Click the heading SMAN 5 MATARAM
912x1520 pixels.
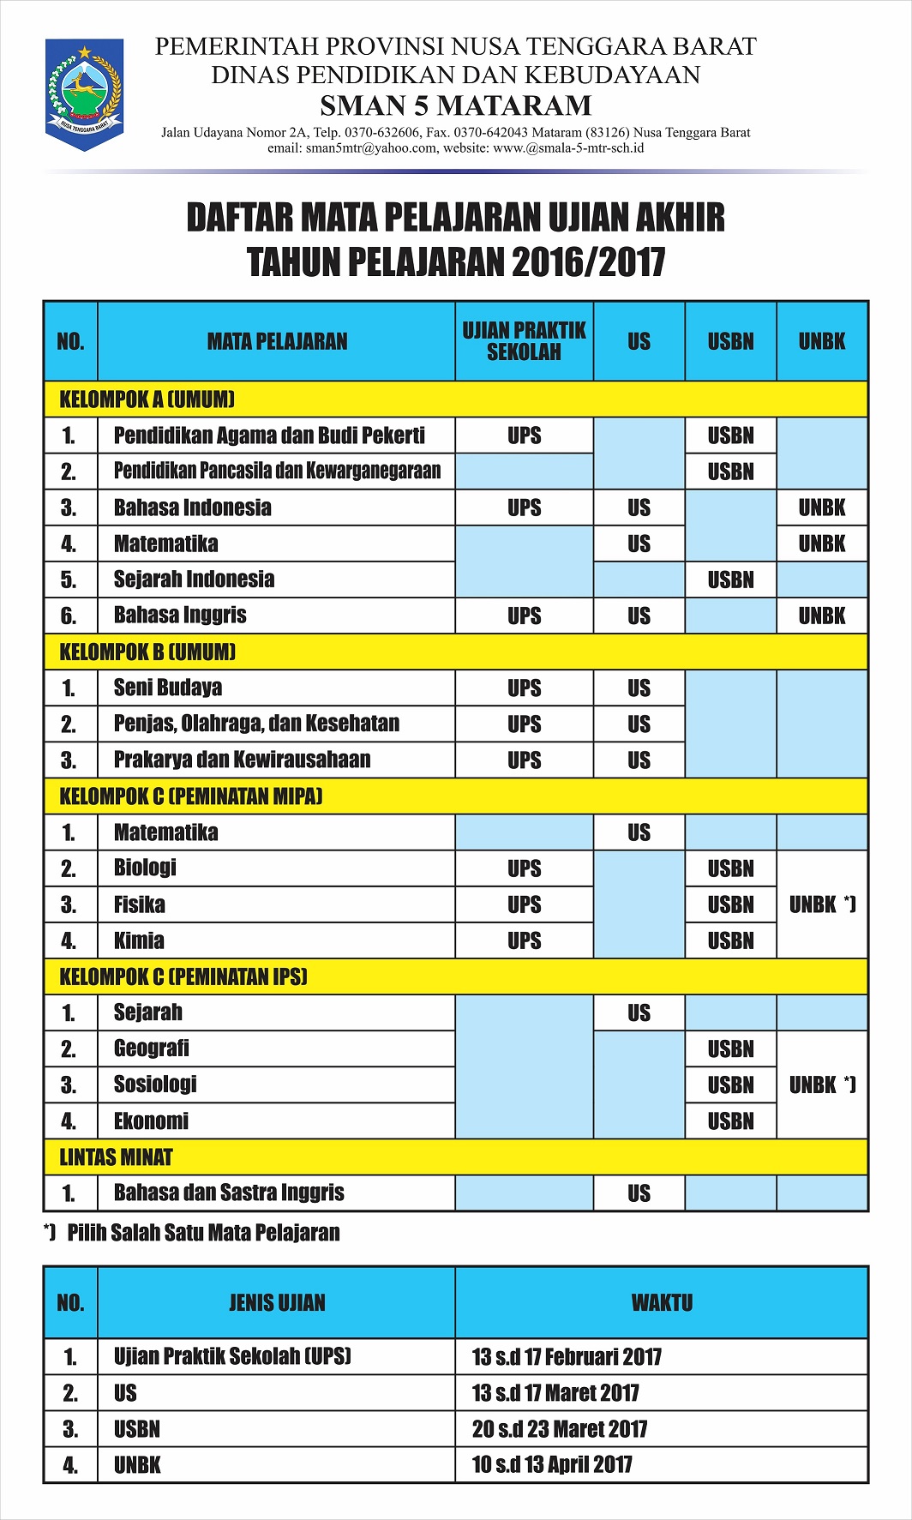[455, 105]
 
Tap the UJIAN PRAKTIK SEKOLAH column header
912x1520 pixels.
[524, 341]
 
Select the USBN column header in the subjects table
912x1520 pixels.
[730, 341]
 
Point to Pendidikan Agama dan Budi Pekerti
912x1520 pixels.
[269, 436]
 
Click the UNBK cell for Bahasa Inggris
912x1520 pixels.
[821, 616]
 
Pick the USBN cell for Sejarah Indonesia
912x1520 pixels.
[730, 580]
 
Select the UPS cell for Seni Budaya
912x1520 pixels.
[524, 688]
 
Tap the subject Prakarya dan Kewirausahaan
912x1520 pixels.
[242, 760]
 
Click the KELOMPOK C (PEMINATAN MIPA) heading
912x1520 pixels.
[191, 796]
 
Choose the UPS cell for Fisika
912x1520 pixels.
[524, 904]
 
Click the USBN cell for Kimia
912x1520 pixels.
[730, 940]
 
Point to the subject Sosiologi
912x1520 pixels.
[155, 1084]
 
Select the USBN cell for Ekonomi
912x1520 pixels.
[730, 1120]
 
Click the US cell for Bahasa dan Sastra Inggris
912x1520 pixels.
[639, 1193]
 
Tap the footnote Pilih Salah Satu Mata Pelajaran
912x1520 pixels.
[203, 1233]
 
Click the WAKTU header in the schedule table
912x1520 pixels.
[662, 1303]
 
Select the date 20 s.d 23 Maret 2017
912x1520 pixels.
[559, 1429]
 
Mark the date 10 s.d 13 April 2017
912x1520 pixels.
[552, 1465]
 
